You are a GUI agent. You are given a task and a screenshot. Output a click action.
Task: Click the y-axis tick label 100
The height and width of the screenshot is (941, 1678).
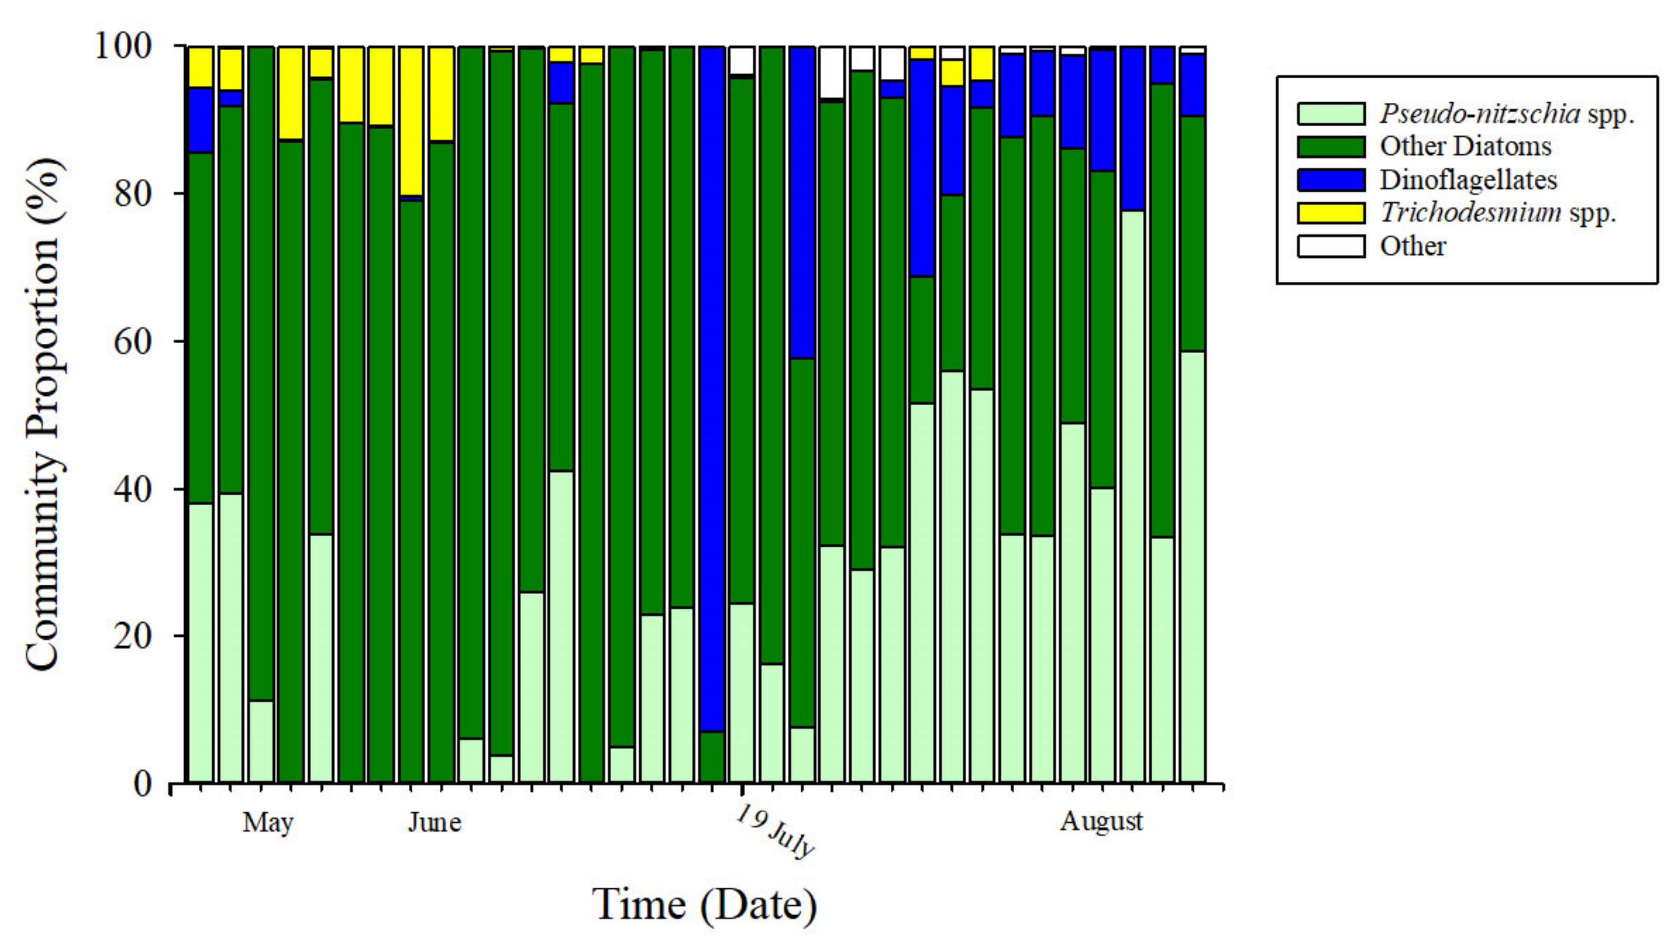tap(133, 47)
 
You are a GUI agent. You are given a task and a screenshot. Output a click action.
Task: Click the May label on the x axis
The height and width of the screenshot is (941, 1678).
tap(268, 822)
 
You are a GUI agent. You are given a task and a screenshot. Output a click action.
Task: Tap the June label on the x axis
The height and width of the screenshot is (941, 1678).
tap(435, 822)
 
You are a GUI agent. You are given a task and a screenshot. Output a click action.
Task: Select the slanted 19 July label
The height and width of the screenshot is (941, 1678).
tap(775, 831)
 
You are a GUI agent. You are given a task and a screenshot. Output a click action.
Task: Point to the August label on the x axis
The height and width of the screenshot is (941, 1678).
tap(1101, 821)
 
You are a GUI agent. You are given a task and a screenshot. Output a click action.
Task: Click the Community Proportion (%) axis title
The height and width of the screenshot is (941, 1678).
tap(44, 414)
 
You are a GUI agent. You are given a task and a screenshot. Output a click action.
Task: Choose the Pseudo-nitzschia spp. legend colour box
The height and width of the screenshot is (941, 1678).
tap(1331, 113)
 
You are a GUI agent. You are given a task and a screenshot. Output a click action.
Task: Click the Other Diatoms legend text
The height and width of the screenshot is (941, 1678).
tap(1465, 146)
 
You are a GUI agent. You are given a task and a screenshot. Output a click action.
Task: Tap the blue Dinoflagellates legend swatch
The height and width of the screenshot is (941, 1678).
tap(1331, 180)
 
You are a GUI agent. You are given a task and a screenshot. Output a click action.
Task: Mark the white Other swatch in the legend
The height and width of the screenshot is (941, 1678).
tap(1331, 246)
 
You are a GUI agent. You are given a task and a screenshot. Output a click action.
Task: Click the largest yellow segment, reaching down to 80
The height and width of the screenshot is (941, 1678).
tap(411, 120)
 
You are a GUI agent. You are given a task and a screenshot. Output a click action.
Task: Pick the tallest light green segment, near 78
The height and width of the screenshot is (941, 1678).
tap(1133, 495)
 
